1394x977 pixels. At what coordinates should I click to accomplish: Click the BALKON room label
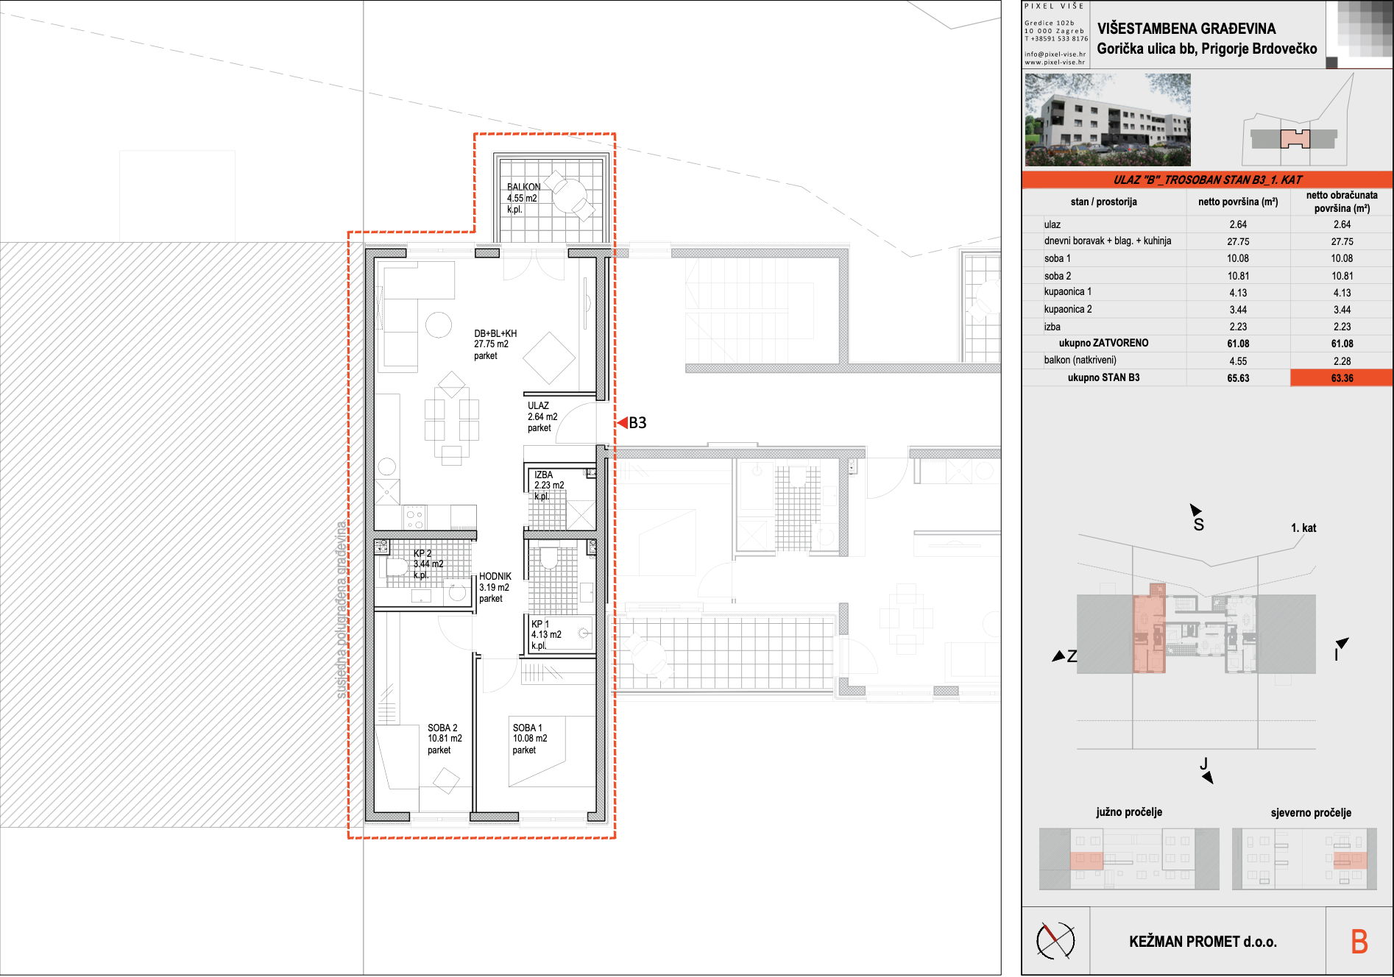524,187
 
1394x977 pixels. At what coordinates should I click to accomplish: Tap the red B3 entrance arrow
622,422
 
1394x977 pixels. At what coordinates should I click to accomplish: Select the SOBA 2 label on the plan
442,728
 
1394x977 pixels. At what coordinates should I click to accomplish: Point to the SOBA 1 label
527,728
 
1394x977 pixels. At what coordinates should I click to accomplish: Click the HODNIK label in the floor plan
495,576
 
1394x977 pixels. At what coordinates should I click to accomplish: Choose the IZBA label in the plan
543,475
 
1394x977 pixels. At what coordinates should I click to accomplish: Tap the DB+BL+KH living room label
495,333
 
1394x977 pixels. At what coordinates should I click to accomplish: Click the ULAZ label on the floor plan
538,405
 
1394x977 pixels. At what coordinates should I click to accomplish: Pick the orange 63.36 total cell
1342,377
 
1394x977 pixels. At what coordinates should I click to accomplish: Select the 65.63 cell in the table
1238,378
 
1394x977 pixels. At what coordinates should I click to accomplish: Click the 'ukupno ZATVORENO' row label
1103,343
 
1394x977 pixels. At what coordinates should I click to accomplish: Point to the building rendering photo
1108,120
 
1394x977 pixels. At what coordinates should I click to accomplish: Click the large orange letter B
1359,942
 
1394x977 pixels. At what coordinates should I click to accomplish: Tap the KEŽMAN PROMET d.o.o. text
1203,942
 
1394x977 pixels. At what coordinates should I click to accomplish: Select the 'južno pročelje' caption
1129,812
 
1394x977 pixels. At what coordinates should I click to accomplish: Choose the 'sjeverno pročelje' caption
1311,813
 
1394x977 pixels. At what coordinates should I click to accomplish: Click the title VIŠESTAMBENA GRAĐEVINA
1186,29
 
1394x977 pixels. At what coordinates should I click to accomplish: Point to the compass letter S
1198,525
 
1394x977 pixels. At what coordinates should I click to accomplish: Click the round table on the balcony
569,196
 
